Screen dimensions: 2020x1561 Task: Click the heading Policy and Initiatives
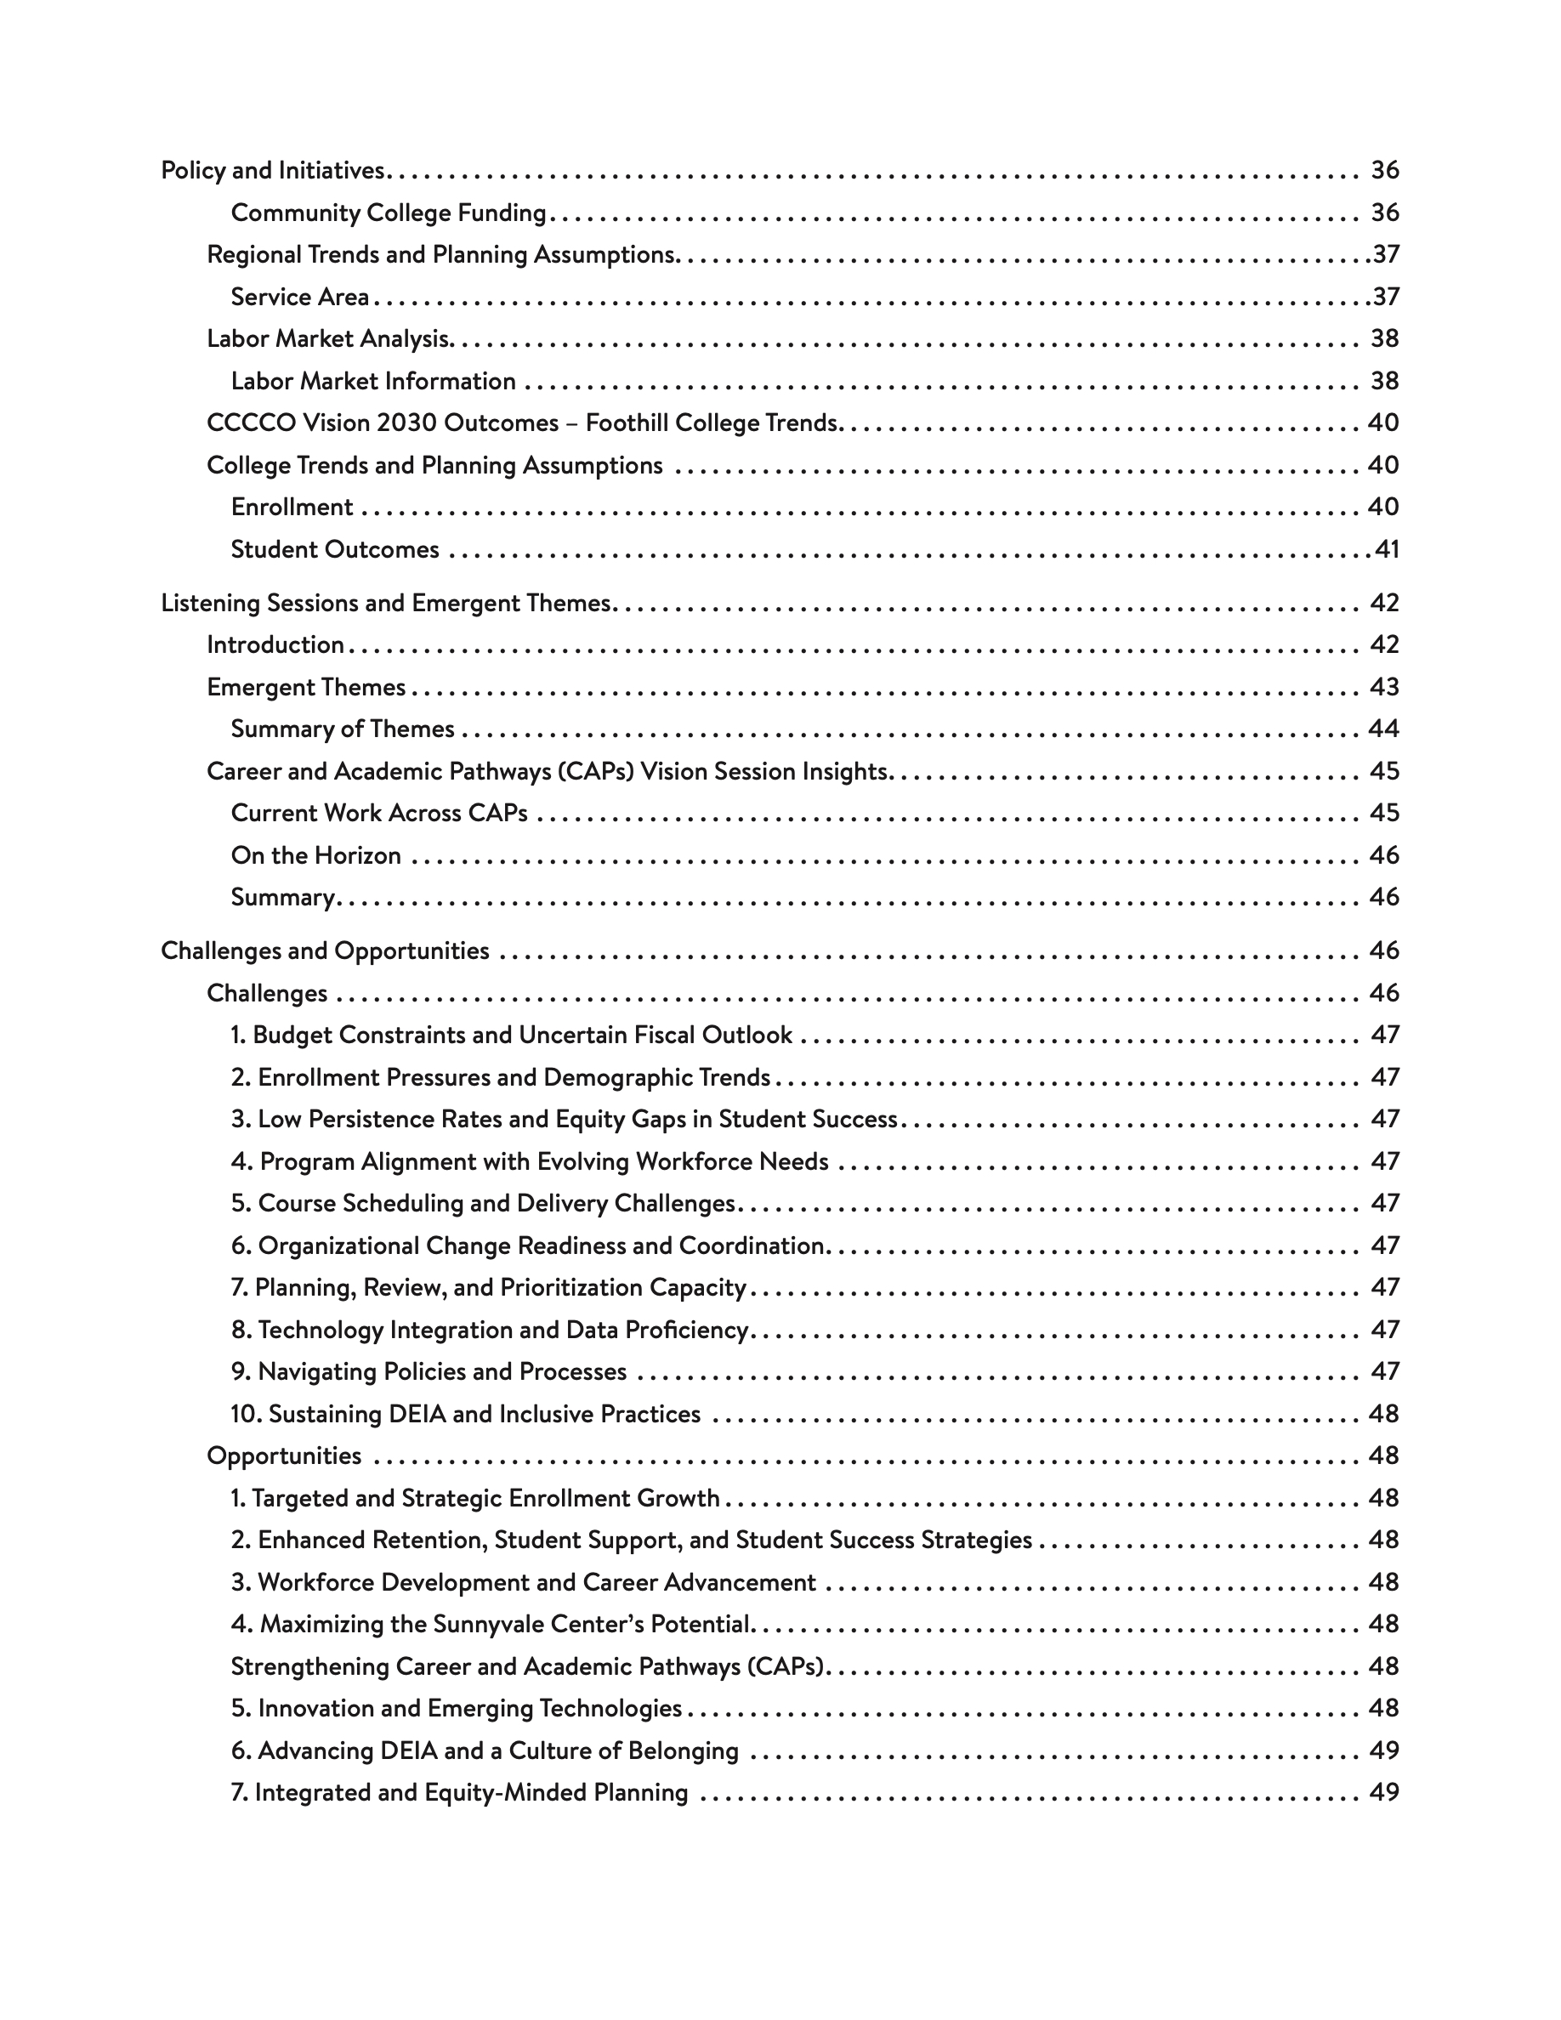pos(273,170)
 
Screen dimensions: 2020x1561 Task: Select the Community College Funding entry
pos(389,213)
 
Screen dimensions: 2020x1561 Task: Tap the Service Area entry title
pos(299,297)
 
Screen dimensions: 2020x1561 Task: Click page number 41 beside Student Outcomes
pos(1386,549)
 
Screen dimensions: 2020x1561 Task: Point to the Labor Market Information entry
pos(372,381)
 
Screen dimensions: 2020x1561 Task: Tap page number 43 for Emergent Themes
pos(1383,687)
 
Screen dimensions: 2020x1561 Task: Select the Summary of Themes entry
pos(342,729)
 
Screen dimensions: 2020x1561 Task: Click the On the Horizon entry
pos(315,855)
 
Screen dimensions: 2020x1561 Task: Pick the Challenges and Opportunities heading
pos(325,950)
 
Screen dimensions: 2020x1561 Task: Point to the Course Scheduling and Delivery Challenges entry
pos(483,1203)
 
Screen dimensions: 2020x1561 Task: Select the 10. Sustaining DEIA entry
pos(465,1414)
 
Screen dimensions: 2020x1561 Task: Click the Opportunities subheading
pos(284,1455)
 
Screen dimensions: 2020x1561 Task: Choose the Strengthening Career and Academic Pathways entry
pos(527,1666)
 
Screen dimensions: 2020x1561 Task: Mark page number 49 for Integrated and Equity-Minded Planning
pos(1383,1792)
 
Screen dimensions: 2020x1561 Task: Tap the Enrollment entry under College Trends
pos(292,507)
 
